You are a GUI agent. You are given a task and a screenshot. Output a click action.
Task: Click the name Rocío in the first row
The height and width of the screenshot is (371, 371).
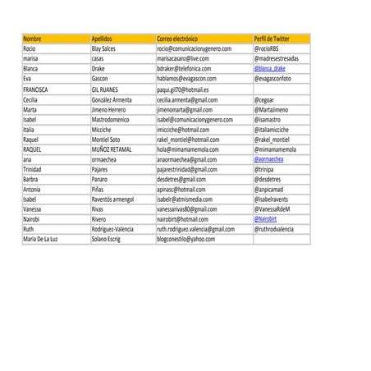coord(30,49)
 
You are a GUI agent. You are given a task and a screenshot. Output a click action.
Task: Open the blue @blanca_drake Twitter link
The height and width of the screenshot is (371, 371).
coord(275,69)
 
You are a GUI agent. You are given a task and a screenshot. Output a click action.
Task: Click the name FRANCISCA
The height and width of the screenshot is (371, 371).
coord(36,89)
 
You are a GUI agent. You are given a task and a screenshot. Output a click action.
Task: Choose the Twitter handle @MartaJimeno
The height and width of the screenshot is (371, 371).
coord(273,109)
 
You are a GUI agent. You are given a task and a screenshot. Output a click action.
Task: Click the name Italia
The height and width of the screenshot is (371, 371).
coord(29,129)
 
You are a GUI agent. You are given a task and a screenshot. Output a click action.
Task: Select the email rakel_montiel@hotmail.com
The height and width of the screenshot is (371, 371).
coord(188,139)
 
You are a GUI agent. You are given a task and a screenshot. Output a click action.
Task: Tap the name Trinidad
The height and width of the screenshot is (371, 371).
coord(32,169)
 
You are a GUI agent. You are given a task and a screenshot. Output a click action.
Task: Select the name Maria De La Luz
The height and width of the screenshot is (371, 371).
coord(41,239)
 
